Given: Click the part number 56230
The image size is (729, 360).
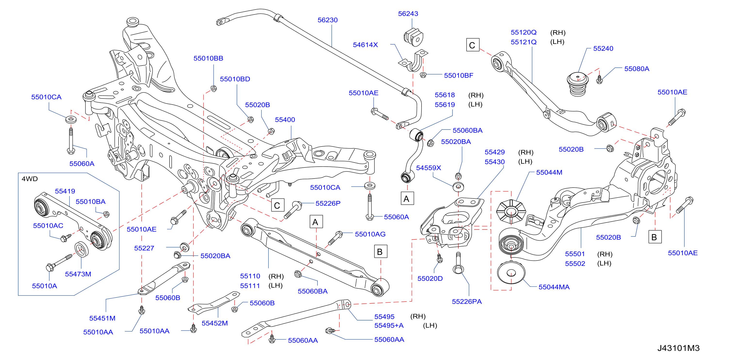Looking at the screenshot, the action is pos(327,20).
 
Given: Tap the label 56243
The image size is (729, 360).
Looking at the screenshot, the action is pos(408,14).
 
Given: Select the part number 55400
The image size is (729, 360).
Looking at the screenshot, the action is pos(285,120).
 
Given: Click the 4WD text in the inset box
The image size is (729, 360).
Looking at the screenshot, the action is pos(30,179).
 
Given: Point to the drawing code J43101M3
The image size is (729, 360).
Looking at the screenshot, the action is pos(678,348).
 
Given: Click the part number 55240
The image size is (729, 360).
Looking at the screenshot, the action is pos(603,49).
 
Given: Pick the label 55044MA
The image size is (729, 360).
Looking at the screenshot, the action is pos(554,287).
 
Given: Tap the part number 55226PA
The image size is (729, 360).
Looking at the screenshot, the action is pos(467,302).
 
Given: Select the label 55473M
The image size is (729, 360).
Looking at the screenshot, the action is pos(78,274).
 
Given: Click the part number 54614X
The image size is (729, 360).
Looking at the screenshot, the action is pos(365,45).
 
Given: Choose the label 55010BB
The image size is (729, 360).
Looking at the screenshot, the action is pos(208,58).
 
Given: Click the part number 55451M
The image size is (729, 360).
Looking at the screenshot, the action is pos(102,318).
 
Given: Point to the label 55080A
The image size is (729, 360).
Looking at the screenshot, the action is pos(637,69).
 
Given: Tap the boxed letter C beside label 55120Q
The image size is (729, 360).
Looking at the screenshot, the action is pos(473,45).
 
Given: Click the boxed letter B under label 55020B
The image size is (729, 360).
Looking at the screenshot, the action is pos(655,237).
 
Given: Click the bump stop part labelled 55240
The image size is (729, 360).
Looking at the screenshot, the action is pos(578,84).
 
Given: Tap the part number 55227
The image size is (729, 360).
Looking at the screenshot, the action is pos(144,248).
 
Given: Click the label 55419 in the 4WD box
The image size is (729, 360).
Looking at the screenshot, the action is pos(65,191).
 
